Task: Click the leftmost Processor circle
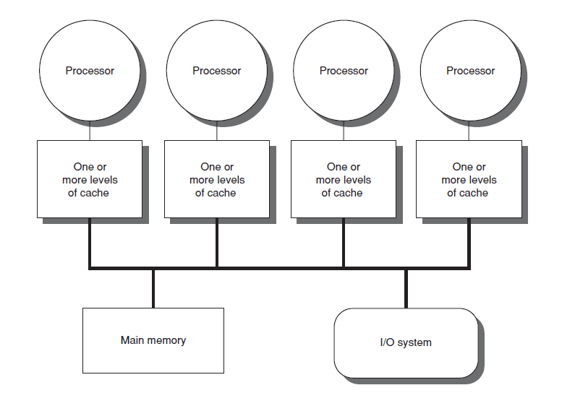[90, 71]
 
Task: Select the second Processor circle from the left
[217, 71]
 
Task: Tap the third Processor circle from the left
[344, 71]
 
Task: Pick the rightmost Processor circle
[471, 71]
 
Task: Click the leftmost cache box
[90, 179]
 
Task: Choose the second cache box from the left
[217, 179]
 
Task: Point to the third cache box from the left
[343, 179]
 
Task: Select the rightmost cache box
[469, 179]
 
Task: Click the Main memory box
[153, 340]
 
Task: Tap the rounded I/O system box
[405, 342]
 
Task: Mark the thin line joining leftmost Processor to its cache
[90, 131]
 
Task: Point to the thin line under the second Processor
[217, 131]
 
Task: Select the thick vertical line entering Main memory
[153, 288]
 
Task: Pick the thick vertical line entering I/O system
[405, 288]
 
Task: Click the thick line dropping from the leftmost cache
[90, 243]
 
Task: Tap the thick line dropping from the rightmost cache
[469, 243]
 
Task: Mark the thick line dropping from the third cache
[343, 243]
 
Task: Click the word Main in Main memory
[133, 340]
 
